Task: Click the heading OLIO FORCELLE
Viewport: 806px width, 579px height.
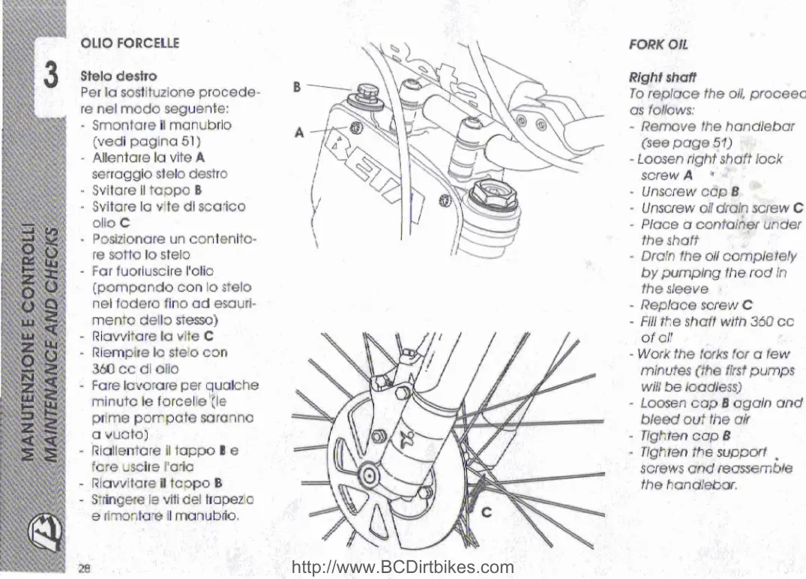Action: point(130,43)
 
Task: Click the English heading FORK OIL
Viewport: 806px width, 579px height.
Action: point(658,43)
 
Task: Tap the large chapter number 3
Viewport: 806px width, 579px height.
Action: point(51,75)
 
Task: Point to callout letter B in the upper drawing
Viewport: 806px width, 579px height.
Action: point(297,86)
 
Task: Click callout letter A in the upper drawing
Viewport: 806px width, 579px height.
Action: point(299,133)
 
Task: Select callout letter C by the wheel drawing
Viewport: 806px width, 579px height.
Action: point(486,513)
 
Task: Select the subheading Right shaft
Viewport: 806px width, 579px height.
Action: point(662,76)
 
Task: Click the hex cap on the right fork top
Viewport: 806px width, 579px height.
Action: point(492,198)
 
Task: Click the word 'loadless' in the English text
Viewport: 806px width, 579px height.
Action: point(713,387)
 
